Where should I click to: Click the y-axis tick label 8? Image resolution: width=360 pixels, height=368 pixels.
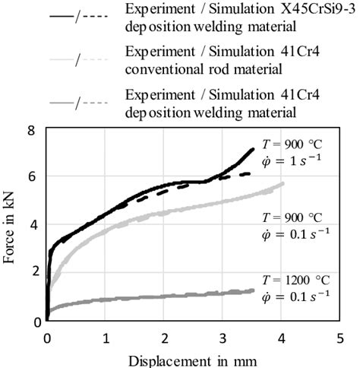(x=33, y=131)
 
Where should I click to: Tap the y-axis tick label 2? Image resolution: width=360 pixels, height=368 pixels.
(x=33, y=273)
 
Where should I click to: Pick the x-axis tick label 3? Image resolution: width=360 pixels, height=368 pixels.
(x=223, y=336)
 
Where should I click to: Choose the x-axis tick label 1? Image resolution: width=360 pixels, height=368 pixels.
(x=106, y=336)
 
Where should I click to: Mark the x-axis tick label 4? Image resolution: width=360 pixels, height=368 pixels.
(x=281, y=336)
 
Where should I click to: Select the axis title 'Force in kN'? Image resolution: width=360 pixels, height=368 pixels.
(x=11, y=226)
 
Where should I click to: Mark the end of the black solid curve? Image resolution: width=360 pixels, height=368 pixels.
(x=253, y=149)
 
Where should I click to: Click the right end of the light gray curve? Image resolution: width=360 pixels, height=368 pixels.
(x=283, y=183)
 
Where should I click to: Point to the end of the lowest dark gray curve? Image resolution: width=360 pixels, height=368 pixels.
(x=253, y=290)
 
